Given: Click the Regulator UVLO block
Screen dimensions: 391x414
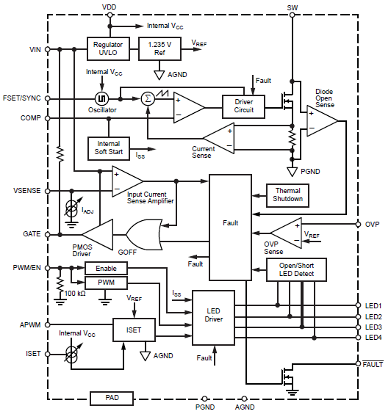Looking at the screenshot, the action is pyautogui.click(x=108, y=49).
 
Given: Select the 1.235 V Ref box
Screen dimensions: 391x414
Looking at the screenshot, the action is pyautogui.click(x=159, y=49).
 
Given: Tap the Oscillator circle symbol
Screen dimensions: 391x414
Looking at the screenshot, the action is pyautogui.click(x=101, y=99).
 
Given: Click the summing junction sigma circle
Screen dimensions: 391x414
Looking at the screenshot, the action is pyautogui.click(x=148, y=99).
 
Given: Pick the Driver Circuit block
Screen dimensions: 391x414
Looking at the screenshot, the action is pyautogui.click(x=243, y=106).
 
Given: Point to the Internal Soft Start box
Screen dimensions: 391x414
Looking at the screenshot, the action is pyautogui.click(x=109, y=148).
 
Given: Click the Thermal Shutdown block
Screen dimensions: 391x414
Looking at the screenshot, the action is pyautogui.click(x=287, y=195).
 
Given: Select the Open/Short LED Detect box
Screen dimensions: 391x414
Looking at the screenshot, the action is pyautogui.click(x=296, y=269).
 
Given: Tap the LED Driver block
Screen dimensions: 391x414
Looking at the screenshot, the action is pyautogui.click(x=213, y=318).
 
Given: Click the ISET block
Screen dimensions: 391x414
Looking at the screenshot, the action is pyautogui.click(x=134, y=330).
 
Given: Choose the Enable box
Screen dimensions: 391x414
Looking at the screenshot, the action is pyautogui.click(x=106, y=268).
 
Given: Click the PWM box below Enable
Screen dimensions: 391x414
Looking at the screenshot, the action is pyautogui.click(x=106, y=283).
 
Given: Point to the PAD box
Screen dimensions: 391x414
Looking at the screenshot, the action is pyautogui.click(x=112, y=398).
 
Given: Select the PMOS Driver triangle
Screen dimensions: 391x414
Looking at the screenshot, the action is pyautogui.click(x=98, y=234).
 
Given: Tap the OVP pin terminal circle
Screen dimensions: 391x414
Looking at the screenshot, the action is pyautogui.click(x=358, y=225).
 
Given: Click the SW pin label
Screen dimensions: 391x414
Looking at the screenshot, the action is pyautogui.click(x=292, y=7).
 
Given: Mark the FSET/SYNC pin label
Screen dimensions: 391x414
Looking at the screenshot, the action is pyautogui.click(x=21, y=98).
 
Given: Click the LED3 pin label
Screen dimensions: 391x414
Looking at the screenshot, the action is pyautogui.click(x=373, y=327).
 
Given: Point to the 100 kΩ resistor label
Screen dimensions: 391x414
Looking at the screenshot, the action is pyautogui.click(x=75, y=294).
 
